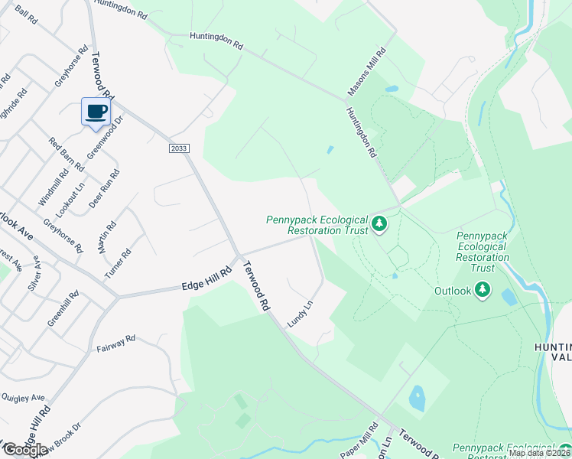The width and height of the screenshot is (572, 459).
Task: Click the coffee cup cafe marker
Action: coord(96,112)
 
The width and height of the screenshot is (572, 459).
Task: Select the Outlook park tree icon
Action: coord(482,290)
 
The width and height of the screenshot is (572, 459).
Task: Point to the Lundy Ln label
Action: coord(300,314)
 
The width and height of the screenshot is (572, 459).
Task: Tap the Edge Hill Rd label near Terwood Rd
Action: coord(206,278)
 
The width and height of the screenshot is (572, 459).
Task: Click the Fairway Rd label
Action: coord(115,343)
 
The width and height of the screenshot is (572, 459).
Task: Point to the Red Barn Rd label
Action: coord(67,154)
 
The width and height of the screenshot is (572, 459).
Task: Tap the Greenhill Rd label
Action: coord(63,309)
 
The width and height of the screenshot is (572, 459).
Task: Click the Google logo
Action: coord(25,450)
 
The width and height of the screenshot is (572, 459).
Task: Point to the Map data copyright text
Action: coord(538,453)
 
